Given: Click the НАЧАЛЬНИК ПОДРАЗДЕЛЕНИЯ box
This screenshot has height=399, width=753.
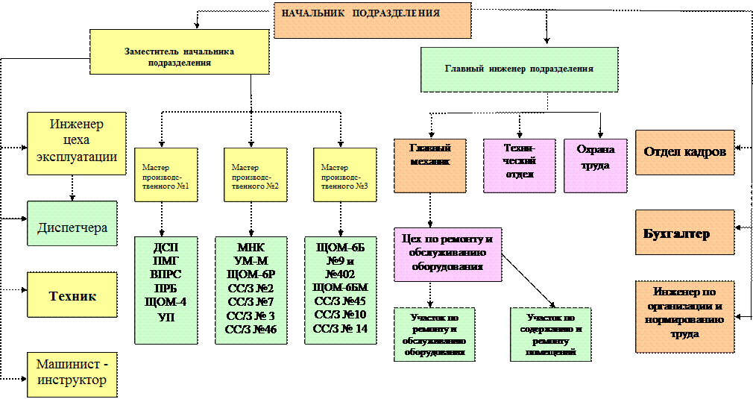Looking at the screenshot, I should pos(372,20).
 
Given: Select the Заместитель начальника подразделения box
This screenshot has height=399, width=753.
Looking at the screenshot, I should pos(179,52).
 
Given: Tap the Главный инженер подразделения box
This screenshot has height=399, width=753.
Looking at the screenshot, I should pos(519,69).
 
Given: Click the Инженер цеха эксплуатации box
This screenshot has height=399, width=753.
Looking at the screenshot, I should pos(76,143).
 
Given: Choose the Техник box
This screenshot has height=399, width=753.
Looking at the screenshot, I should pos(72,296).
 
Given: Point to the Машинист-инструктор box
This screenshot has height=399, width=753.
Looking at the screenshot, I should pos(72,372).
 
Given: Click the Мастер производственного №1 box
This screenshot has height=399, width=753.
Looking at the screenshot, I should pos(166,175).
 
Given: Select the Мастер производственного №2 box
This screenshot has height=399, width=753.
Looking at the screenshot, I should pos(255,175).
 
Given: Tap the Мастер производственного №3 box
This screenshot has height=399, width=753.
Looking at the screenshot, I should pos(344,175).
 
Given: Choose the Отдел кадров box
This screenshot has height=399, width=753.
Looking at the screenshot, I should pos(684,152).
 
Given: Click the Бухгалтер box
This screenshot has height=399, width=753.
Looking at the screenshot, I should pos(684,233).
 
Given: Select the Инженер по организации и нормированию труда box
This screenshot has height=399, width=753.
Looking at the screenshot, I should pos(684,316).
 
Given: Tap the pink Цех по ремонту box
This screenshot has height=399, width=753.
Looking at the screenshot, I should pos(447,254).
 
